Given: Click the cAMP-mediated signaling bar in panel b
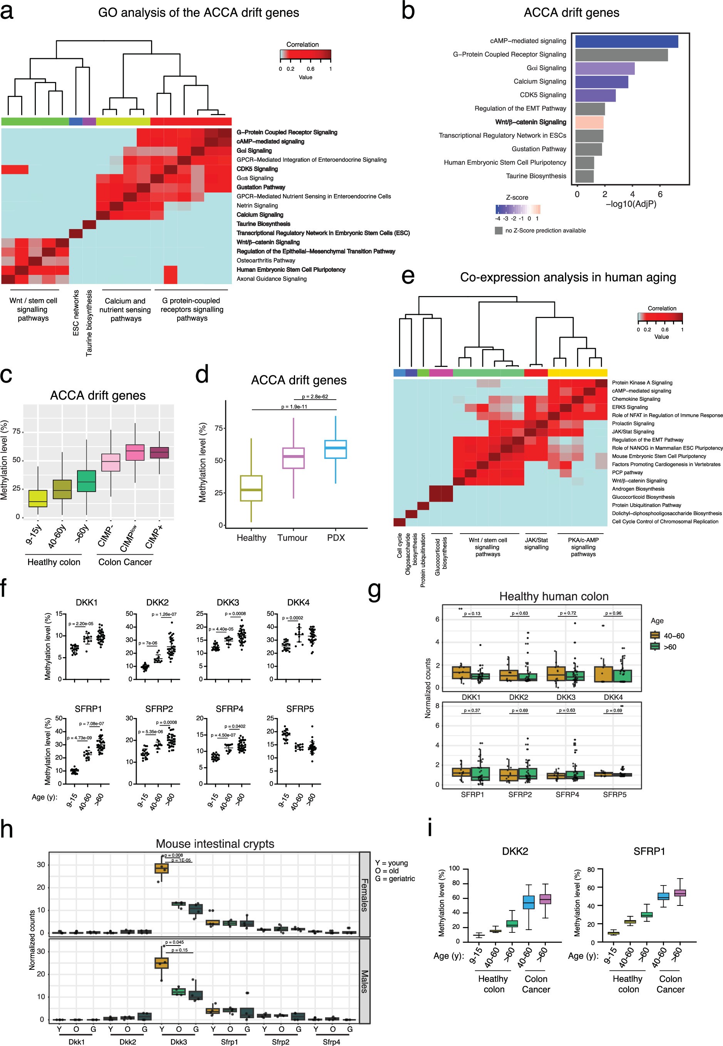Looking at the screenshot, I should pyautogui.click(x=626, y=41).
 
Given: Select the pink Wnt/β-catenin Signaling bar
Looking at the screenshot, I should pyautogui.click(x=589, y=122).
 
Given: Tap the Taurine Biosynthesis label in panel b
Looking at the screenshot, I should pyautogui.click(x=535, y=176).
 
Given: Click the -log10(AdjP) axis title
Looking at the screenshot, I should pyautogui.click(x=631, y=204).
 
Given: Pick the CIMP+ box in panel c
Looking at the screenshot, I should pyautogui.click(x=159, y=452).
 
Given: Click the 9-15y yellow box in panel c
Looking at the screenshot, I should pyautogui.click(x=38, y=498).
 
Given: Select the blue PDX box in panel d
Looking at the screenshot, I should pyautogui.click(x=335, y=449).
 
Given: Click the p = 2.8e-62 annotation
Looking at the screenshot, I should pyautogui.click(x=314, y=396).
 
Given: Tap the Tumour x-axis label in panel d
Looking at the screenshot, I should pyautogui.click(x=292, y=537).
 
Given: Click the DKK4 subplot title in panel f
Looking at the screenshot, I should pyautogui.click(x=298, y=602).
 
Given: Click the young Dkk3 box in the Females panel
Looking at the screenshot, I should pyautogui.click(x=162, y=868).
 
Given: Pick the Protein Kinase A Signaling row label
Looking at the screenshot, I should pyautogui.click(x=641, y=383).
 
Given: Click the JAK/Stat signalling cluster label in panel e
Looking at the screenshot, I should pyautogui.click(x=536, y=543).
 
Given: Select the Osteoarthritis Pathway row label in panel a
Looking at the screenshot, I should pyautogui.click(x=265, y=260).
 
